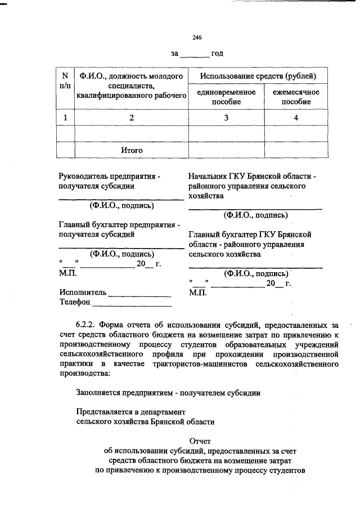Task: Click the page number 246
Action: point(197,37)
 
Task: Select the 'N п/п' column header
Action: point(65,81)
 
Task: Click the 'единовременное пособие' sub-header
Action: point(226,97)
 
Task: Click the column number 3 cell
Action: point(226,118)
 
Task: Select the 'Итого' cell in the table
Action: point(132,150)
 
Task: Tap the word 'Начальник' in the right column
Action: point(208,176)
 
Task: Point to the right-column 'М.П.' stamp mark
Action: point(197,293)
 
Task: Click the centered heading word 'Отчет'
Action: point(200,442)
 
